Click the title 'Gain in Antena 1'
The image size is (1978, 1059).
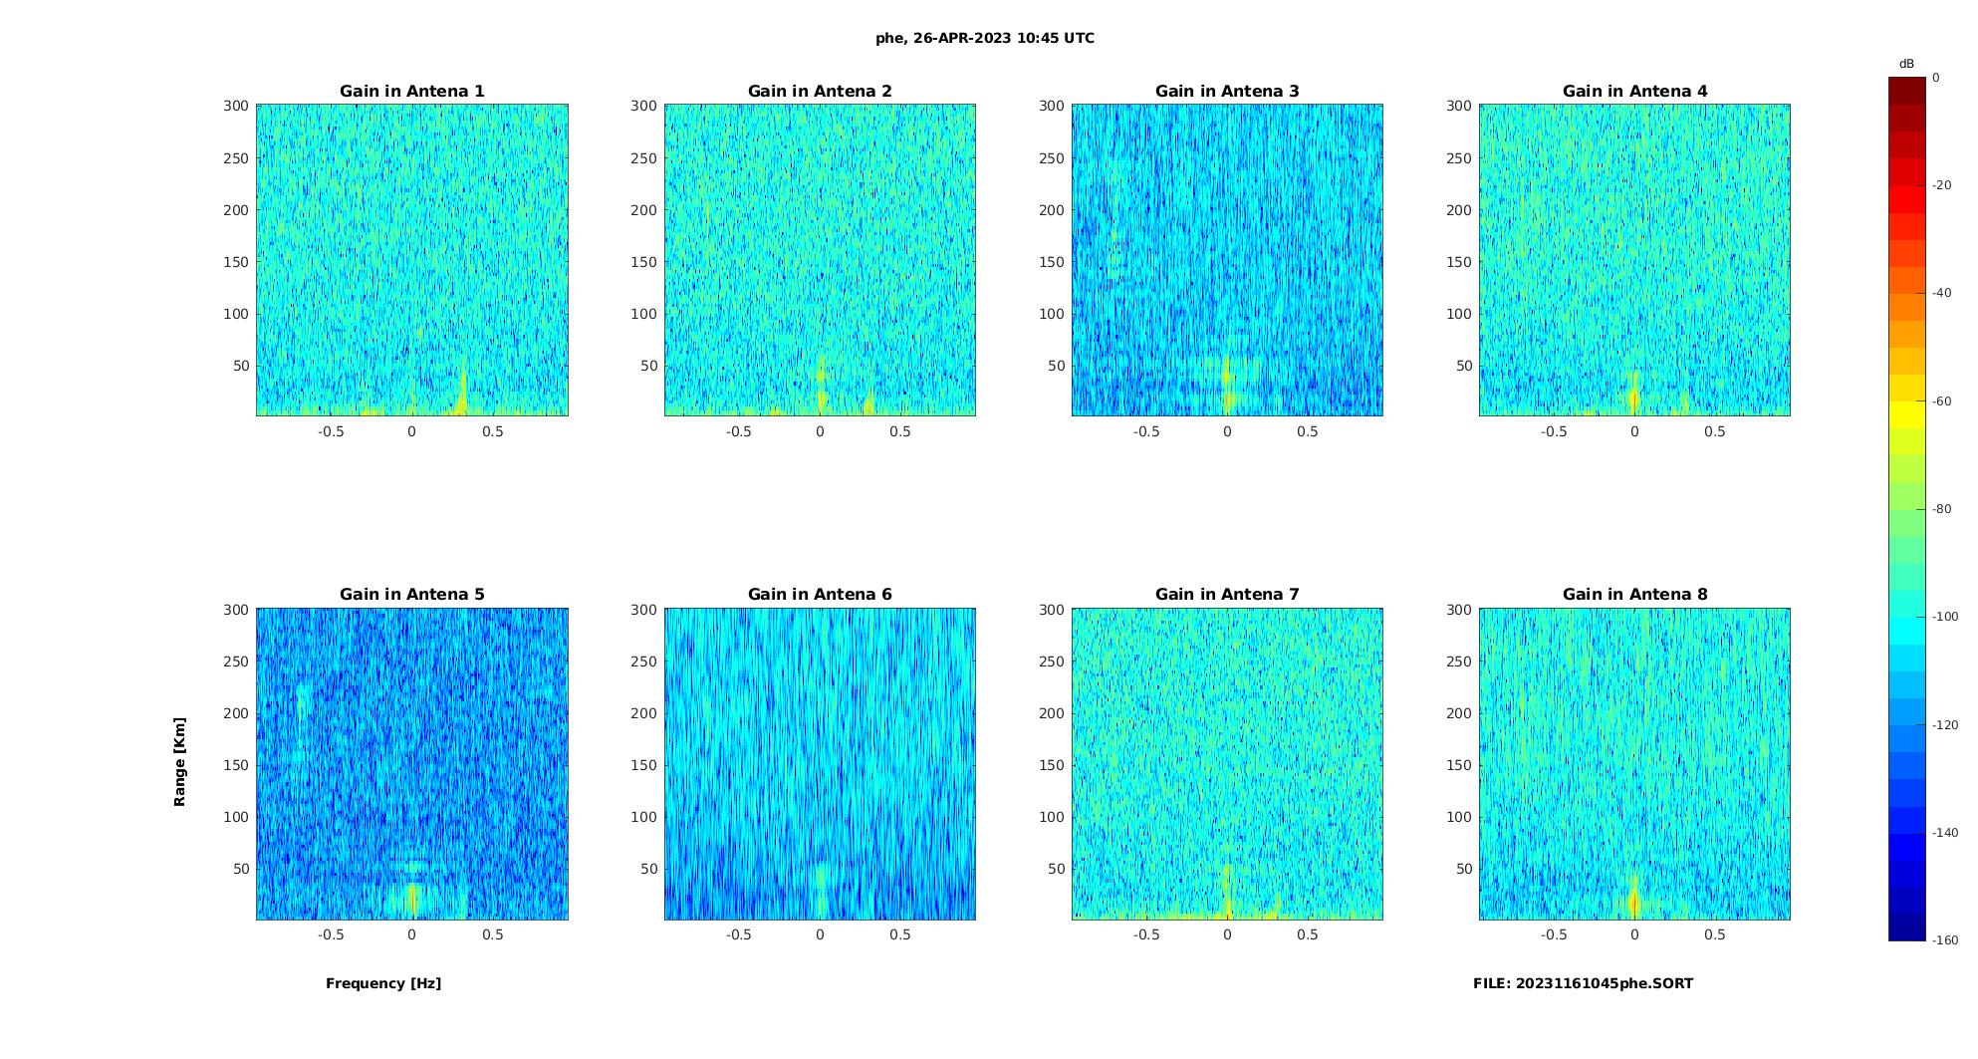point(411,91)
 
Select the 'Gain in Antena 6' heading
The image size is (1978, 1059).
point(820,594)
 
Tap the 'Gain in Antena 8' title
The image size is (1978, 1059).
point(1634,594)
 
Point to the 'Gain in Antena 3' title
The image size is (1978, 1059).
point(1227,91)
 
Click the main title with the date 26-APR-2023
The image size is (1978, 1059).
point(985,38)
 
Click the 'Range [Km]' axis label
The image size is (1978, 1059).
point(179,761)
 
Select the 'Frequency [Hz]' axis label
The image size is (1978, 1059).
point(383,983)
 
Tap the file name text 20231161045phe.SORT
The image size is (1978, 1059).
point(1583,983)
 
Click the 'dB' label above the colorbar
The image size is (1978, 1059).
point(1906,64)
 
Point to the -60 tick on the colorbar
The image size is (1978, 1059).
point(1942,401)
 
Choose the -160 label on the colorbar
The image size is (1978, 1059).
point(1945,940)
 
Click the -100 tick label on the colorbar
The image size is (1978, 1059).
point(1945,617)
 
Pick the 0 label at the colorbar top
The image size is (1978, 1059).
point(1936,78)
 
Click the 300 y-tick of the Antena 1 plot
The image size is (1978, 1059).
point(236,106)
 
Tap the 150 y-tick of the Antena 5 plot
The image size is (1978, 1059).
point(236,765)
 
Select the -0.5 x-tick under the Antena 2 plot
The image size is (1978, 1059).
point(738,431)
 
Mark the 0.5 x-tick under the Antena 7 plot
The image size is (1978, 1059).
point(1308,934)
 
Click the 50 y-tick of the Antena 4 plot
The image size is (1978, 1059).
point(1463,366)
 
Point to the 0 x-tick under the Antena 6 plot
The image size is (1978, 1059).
point(820,934)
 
